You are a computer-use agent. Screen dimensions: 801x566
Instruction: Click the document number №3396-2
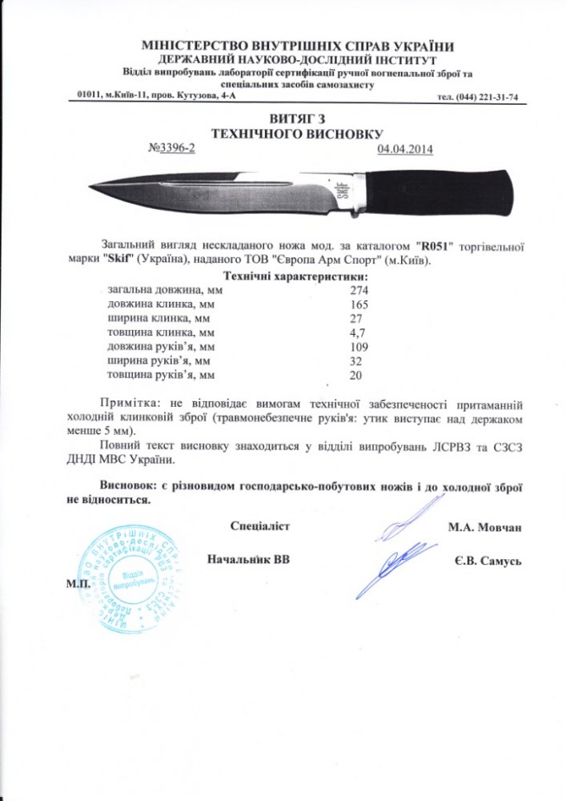point(172,149)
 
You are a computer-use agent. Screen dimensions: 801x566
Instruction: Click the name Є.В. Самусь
point(488,562)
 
